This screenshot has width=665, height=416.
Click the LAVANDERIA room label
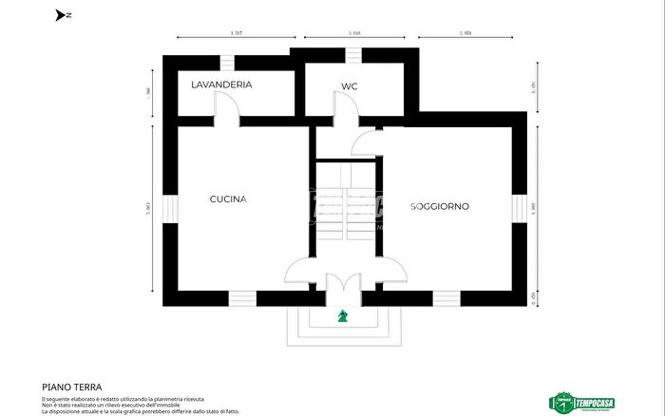pos(221,85)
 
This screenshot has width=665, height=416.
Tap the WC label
pos(349,87)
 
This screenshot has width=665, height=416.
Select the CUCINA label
pos(228,199)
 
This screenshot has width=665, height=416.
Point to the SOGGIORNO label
pos(440,206)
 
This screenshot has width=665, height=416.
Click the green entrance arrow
pos(342,316)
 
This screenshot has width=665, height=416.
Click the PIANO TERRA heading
pos(71,388)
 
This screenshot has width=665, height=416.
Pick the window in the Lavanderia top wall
pos(227,63)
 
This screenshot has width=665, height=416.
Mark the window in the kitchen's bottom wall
pos(242,297)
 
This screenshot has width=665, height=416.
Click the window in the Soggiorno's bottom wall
pos(446,297)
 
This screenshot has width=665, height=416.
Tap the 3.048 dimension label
pos(353,34)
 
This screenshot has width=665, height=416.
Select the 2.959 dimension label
pos(465,34)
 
